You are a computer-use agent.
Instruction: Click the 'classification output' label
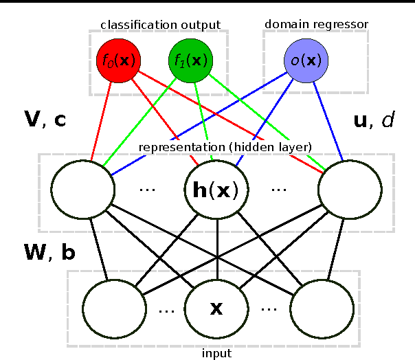[x=160, y=25]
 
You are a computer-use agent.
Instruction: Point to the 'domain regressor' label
[x=317, y=24]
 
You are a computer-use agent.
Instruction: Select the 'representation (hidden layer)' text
[x=225, y=147]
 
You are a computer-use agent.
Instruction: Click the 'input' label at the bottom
[x=216, y=353]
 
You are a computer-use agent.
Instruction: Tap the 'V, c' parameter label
[x=45, y=121]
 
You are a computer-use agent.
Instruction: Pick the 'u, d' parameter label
[x=374, y=121]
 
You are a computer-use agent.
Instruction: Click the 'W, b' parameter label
[x=49, y=253]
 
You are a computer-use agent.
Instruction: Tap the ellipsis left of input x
[x=167, y=310]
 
